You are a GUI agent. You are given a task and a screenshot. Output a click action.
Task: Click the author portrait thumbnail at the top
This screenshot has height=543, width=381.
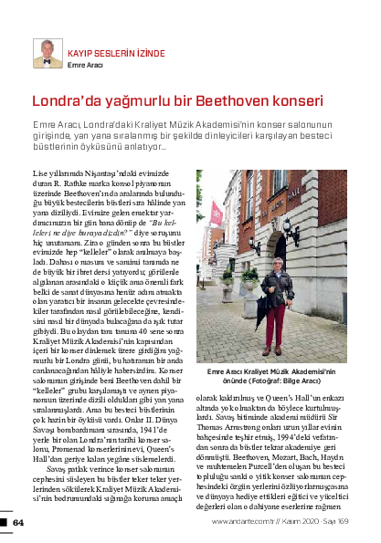tap(48, 53)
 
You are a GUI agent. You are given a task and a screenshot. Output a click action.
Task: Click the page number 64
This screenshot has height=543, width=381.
tap(17, 522)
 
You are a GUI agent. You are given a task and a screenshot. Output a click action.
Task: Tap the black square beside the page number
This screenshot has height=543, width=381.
tap(4, 522)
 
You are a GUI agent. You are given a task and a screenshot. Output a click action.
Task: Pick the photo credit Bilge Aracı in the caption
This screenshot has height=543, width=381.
tap(314, 382)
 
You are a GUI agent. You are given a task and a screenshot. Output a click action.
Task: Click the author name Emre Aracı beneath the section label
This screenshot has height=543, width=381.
tap(85, 66)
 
